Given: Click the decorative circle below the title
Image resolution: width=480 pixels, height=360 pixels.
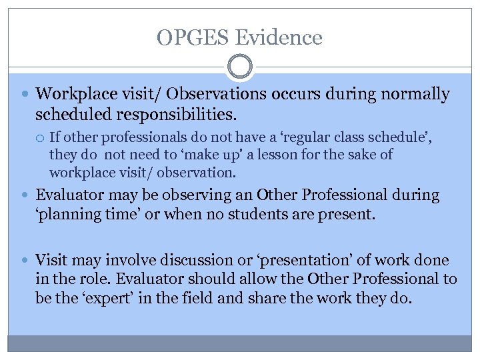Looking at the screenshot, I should [240, 67].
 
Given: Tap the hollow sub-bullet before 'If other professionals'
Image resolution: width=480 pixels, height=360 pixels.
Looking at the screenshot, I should [41, 138].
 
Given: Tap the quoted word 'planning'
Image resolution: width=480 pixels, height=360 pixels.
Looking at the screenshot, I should [66, 215].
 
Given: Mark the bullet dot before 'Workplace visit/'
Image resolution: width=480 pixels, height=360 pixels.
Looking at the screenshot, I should [26, 95].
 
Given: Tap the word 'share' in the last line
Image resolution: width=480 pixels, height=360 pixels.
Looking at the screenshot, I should [265, 299].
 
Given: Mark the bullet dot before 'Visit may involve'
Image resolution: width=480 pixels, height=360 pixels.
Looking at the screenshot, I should [26, 261].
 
